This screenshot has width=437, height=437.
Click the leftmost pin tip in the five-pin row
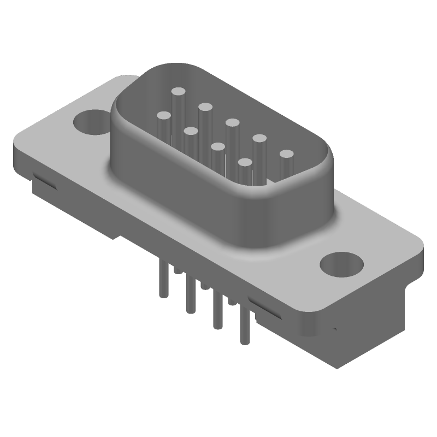click(x=178, y=92)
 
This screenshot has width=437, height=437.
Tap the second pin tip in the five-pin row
click(x=205, y=107)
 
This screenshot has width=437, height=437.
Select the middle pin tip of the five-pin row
click(x=232, y=123)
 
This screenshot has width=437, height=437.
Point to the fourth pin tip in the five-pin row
click(x=259, y=139)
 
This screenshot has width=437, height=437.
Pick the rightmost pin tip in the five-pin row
click(x=287, y=155)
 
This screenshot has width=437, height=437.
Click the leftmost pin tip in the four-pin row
click(x=163, y=116)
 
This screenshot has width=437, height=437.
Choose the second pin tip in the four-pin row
click(x=190, y=131)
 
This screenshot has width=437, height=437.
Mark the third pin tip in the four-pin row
click(x=217, y=146)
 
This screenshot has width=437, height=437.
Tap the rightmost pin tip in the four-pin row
click(x=245, y=162)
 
